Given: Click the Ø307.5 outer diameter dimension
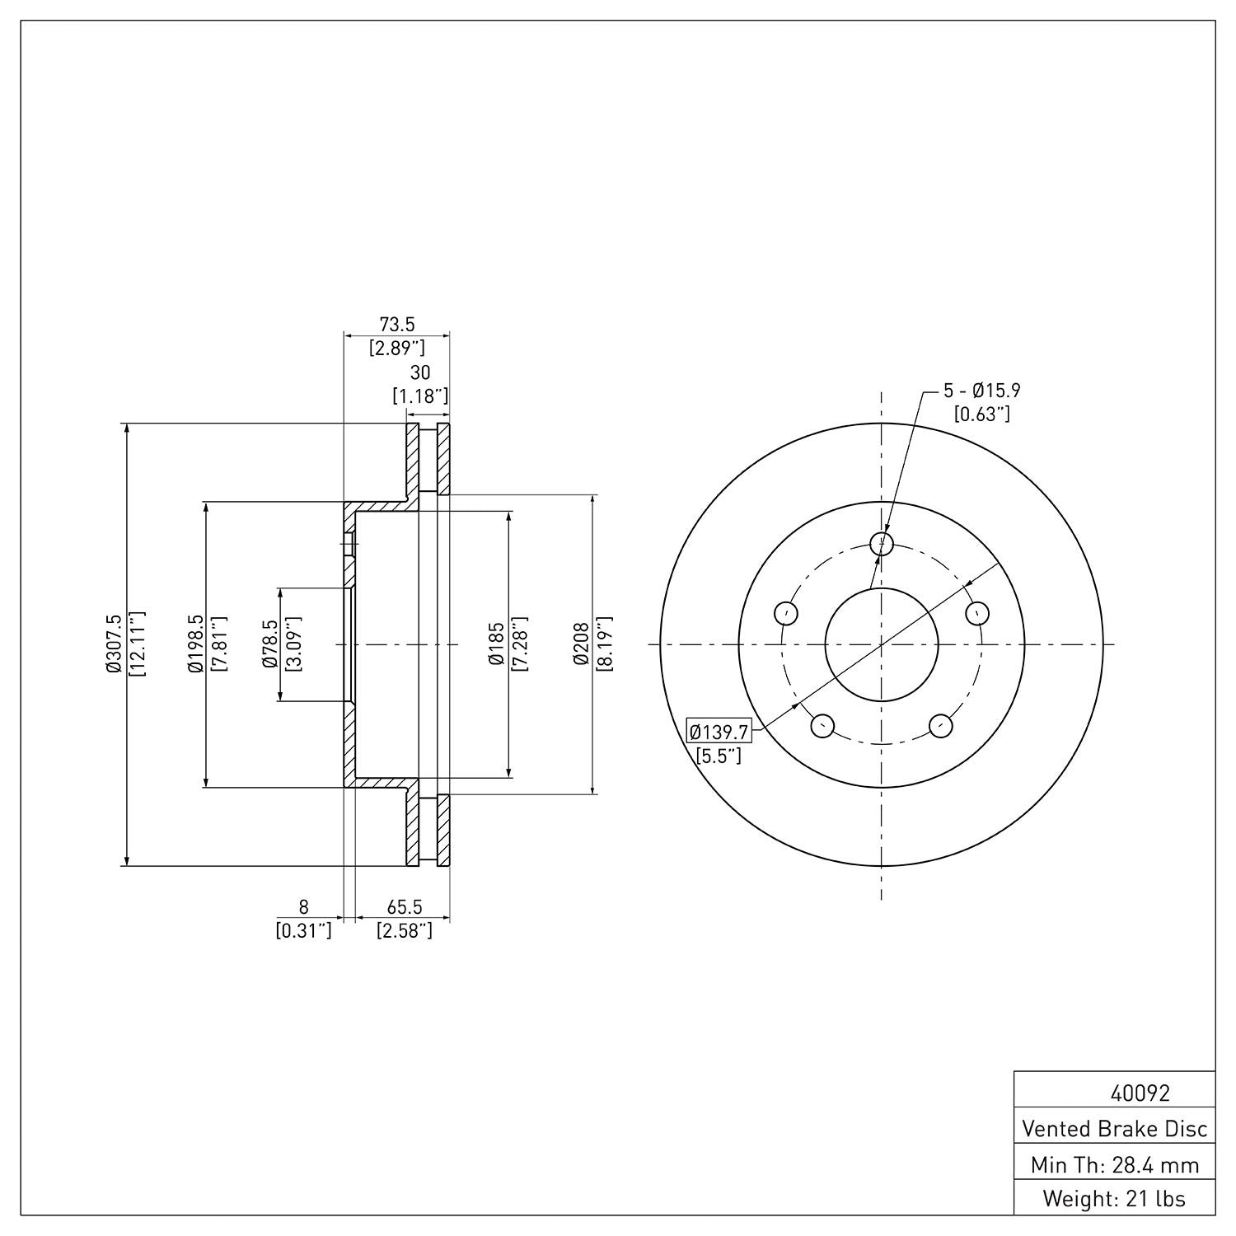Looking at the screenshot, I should (113, 644).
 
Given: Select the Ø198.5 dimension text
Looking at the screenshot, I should (195, 644).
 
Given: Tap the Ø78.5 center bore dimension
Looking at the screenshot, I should (269, 644).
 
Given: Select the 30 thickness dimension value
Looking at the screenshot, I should (420, 373).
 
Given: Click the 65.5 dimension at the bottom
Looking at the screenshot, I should (404, 907).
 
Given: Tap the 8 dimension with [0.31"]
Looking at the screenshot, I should (303, 907).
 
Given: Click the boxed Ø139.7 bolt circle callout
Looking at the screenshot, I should (719, 731).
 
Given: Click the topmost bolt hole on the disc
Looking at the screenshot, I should (882, 543).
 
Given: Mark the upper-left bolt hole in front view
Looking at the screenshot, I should (786, 613).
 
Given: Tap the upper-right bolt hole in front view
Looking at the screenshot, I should (977, 613).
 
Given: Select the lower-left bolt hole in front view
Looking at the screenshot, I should (822, 725).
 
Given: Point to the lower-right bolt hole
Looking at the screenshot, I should (941, 725).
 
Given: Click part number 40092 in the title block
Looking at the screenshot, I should (1140, 1093).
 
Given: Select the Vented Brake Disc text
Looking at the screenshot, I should (1114, 1128).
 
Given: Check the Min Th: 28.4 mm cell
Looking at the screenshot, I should (1114, 1164).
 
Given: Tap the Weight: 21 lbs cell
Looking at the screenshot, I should (1114, 1198).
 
